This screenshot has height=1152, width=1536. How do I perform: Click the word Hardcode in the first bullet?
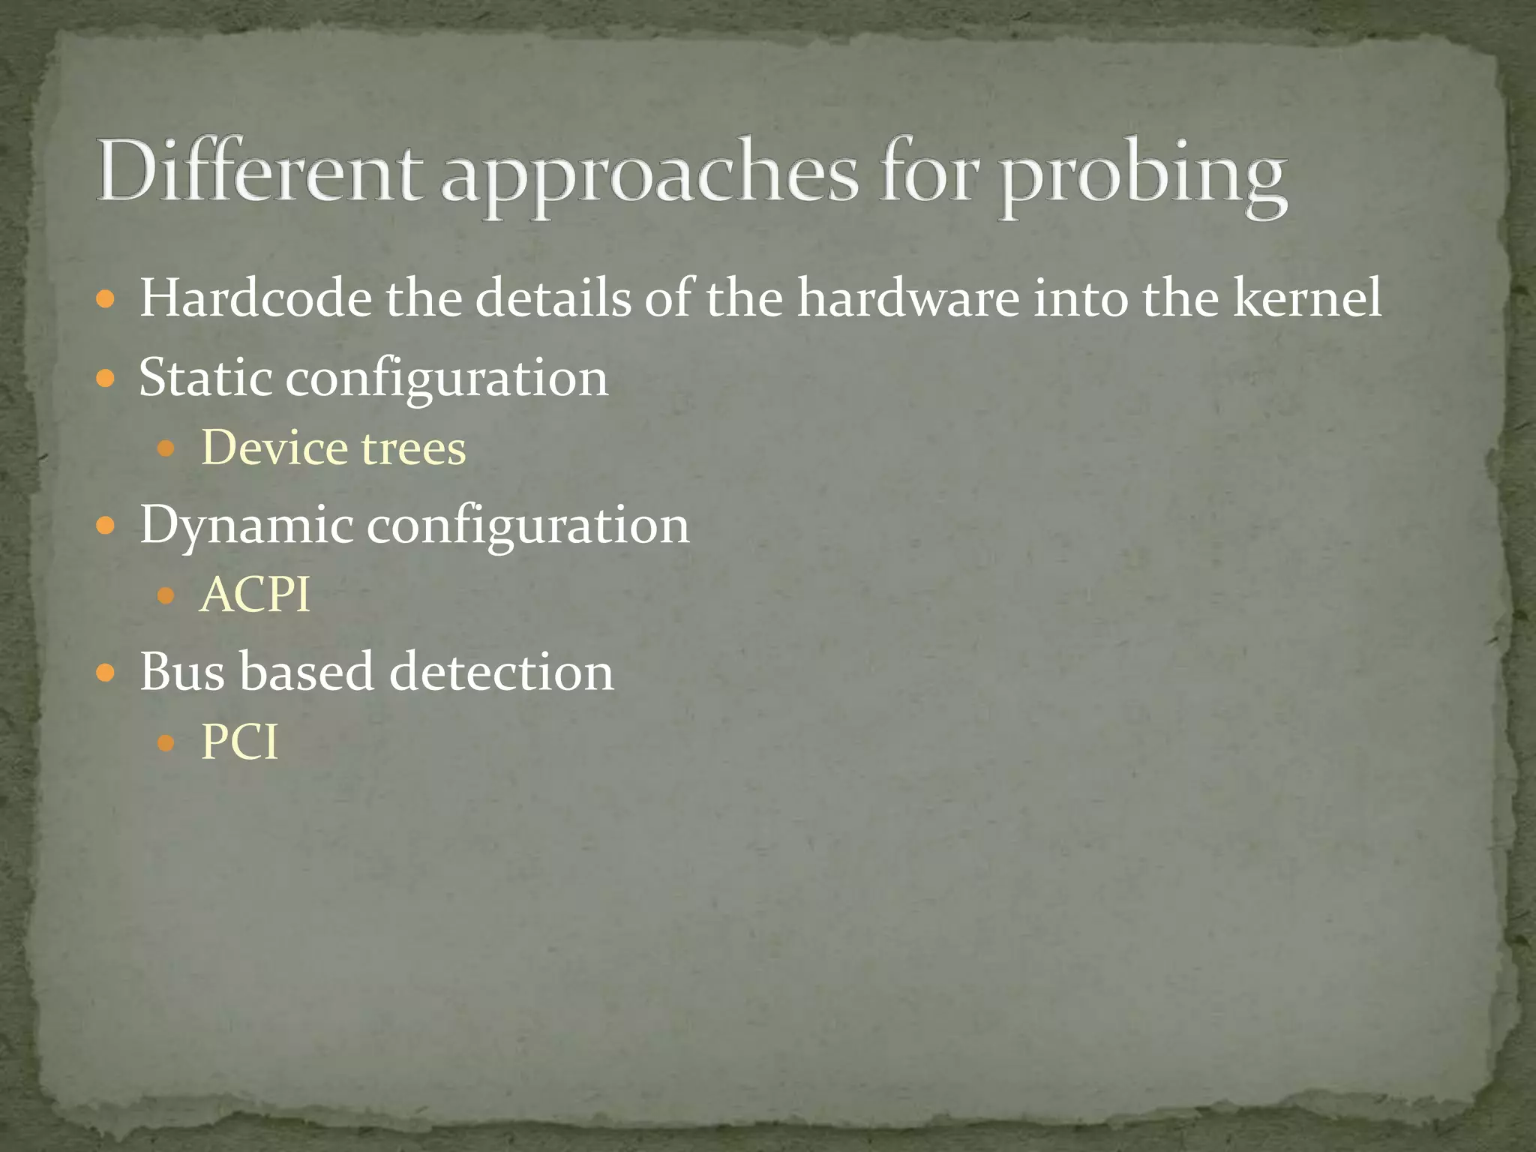[x=255, y=298]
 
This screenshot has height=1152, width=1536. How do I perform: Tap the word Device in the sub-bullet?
[x=275, y=448]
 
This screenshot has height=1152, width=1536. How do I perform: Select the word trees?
[x=414, y=449]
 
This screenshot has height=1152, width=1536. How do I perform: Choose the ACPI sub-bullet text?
[x=255, y=595]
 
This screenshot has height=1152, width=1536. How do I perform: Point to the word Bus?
[x=181, y=670]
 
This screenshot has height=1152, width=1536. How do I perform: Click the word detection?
[x=502, y=670]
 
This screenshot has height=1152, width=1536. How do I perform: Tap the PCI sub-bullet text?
[x=239, y=742]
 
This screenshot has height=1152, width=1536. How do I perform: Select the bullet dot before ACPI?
[x=166, y=597]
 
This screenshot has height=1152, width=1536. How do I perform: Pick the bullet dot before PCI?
[x=166, y=744]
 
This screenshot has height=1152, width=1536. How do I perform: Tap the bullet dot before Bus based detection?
[x=106, y=673]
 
